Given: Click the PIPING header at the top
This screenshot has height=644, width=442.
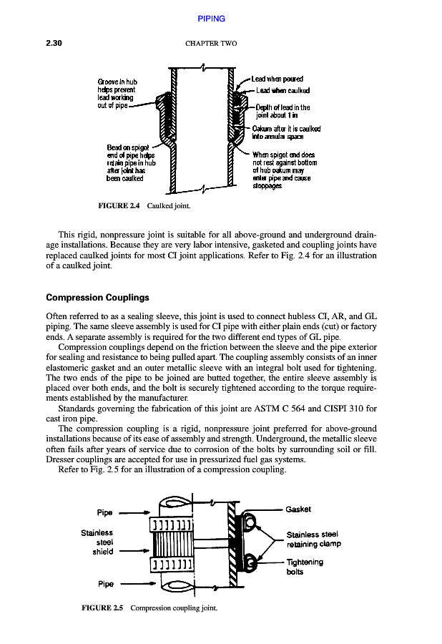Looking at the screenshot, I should tap(211, 19).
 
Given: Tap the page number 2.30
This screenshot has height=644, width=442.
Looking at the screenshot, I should tap(55, 43).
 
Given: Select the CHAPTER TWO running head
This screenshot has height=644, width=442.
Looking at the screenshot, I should tap(211, 44).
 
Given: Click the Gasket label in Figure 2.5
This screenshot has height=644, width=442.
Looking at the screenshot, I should tap(298, 509).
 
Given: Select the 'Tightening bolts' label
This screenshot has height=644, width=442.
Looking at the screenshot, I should tap(305, 567).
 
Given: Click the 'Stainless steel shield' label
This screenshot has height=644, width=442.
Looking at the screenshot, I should tap(97, 542).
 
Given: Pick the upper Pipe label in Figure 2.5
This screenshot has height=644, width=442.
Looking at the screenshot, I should tap(104, 512).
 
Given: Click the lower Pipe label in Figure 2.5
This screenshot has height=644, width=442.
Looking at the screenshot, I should tap(104, 584).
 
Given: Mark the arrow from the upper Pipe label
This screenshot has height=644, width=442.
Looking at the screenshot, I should tap(134, 512).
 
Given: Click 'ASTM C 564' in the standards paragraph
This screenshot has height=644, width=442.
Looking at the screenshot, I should tap(285, 409).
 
